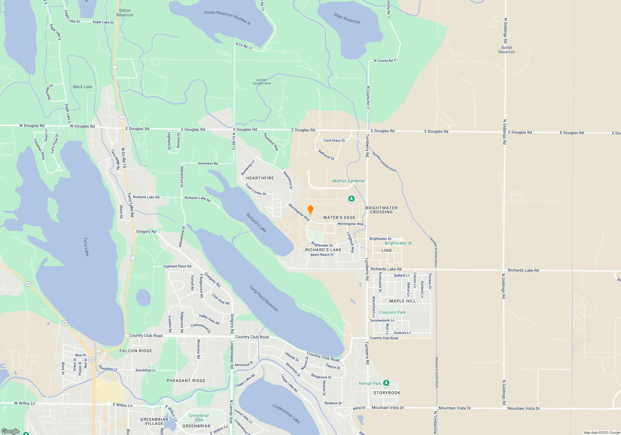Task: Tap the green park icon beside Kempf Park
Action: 386,383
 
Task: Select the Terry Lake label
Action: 86,247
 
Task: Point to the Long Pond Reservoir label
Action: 264,298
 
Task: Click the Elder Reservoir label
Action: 347,18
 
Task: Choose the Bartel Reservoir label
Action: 507,50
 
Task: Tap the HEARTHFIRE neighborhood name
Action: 260,178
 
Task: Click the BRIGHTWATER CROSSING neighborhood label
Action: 381,210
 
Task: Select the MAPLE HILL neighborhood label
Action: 402,301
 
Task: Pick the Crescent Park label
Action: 392,312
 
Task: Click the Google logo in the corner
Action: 11,431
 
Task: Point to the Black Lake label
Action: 83,87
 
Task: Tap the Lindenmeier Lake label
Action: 286,414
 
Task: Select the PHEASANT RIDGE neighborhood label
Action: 186,381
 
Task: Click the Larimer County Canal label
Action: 261,82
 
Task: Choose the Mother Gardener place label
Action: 349,181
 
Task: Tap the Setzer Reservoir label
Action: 125,13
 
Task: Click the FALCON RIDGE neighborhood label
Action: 136,351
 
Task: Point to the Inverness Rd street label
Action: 208,163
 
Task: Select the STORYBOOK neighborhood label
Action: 387,393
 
